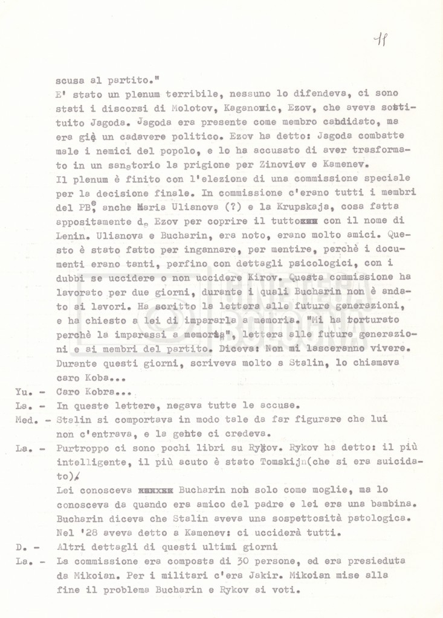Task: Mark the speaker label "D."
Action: (x=19, y=547)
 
